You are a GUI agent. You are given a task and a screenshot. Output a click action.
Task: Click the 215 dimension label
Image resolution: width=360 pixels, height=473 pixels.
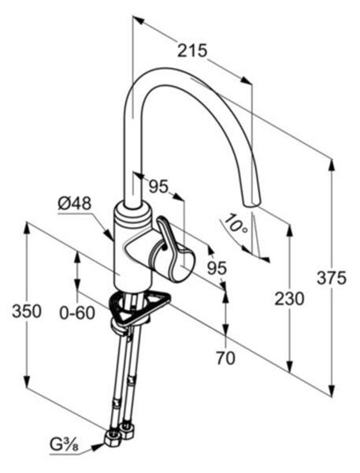[192, 50]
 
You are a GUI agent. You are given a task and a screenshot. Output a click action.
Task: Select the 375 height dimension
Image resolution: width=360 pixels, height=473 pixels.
[332, 277]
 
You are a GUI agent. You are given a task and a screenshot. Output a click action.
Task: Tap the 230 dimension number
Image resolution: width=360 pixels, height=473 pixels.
[289, 299]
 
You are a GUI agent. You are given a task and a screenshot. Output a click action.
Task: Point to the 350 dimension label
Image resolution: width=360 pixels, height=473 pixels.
[27, 311]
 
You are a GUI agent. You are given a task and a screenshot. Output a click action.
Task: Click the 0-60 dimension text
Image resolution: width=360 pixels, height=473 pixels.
[77, 313]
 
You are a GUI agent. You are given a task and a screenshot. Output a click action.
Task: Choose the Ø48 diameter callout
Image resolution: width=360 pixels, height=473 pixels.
[75, 204]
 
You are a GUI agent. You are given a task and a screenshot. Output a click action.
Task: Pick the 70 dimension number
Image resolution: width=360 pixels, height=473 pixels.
[225, 359]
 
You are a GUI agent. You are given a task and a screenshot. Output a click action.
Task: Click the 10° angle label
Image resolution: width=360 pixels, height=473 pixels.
[237, 224]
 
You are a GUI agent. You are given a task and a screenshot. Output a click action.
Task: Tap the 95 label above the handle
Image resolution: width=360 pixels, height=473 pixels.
[158, 187]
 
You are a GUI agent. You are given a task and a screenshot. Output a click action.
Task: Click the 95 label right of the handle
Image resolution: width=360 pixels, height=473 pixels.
[217, 267]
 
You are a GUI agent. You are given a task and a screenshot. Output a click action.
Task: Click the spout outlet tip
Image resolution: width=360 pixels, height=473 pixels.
[251, 204]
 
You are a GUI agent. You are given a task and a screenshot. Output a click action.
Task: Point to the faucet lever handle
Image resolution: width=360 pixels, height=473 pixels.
[172, 248]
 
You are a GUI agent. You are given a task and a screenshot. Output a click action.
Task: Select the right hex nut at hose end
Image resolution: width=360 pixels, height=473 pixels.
[127, 430]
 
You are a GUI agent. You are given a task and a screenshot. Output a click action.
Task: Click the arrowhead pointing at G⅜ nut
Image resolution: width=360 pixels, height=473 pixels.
[96, 447]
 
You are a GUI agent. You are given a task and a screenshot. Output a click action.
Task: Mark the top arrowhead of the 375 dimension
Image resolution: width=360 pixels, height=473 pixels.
[332, 165]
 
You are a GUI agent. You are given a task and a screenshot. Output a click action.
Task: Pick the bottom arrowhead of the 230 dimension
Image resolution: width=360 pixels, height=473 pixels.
[289, 367]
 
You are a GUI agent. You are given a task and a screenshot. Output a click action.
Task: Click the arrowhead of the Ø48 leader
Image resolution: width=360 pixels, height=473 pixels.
[109, 234]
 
